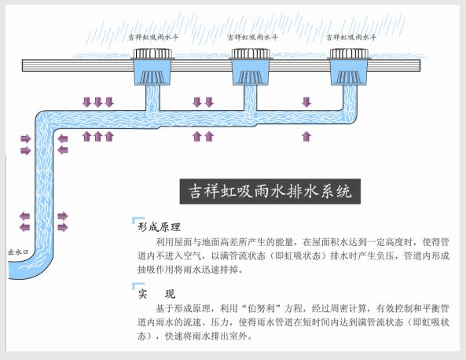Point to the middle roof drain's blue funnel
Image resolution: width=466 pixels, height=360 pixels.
pos(253,75)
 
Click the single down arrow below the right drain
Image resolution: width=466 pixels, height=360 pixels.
pos(306,102)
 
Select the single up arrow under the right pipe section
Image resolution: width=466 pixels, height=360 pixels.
pos(306,137)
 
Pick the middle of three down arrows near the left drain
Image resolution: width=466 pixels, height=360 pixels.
pos(98,102)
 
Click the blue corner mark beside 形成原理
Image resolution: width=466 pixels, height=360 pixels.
pos(138,222)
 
